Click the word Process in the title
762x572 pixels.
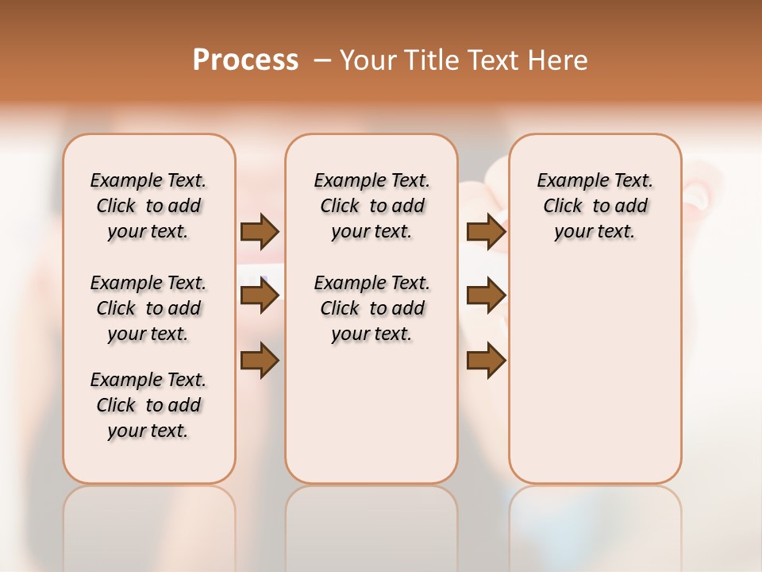click(245, 60)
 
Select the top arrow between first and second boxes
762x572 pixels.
click(260, 231)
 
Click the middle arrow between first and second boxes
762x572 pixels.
click(260, 296)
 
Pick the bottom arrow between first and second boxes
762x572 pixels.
click(260, 360)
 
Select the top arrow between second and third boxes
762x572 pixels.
click(486, 231)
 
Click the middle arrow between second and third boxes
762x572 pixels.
click(486, 296)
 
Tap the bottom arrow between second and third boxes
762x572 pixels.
click(486, 360)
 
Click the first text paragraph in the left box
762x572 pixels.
click(148, 206)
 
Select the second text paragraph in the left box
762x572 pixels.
click(148, 308)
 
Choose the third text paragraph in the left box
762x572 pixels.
click(148, 405)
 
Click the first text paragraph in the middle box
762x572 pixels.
click(371, 206)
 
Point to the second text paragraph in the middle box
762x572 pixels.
click(371, 308)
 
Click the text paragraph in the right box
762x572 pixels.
click(595, 206)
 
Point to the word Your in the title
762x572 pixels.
click(367, 60)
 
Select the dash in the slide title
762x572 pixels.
click(322, 60)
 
